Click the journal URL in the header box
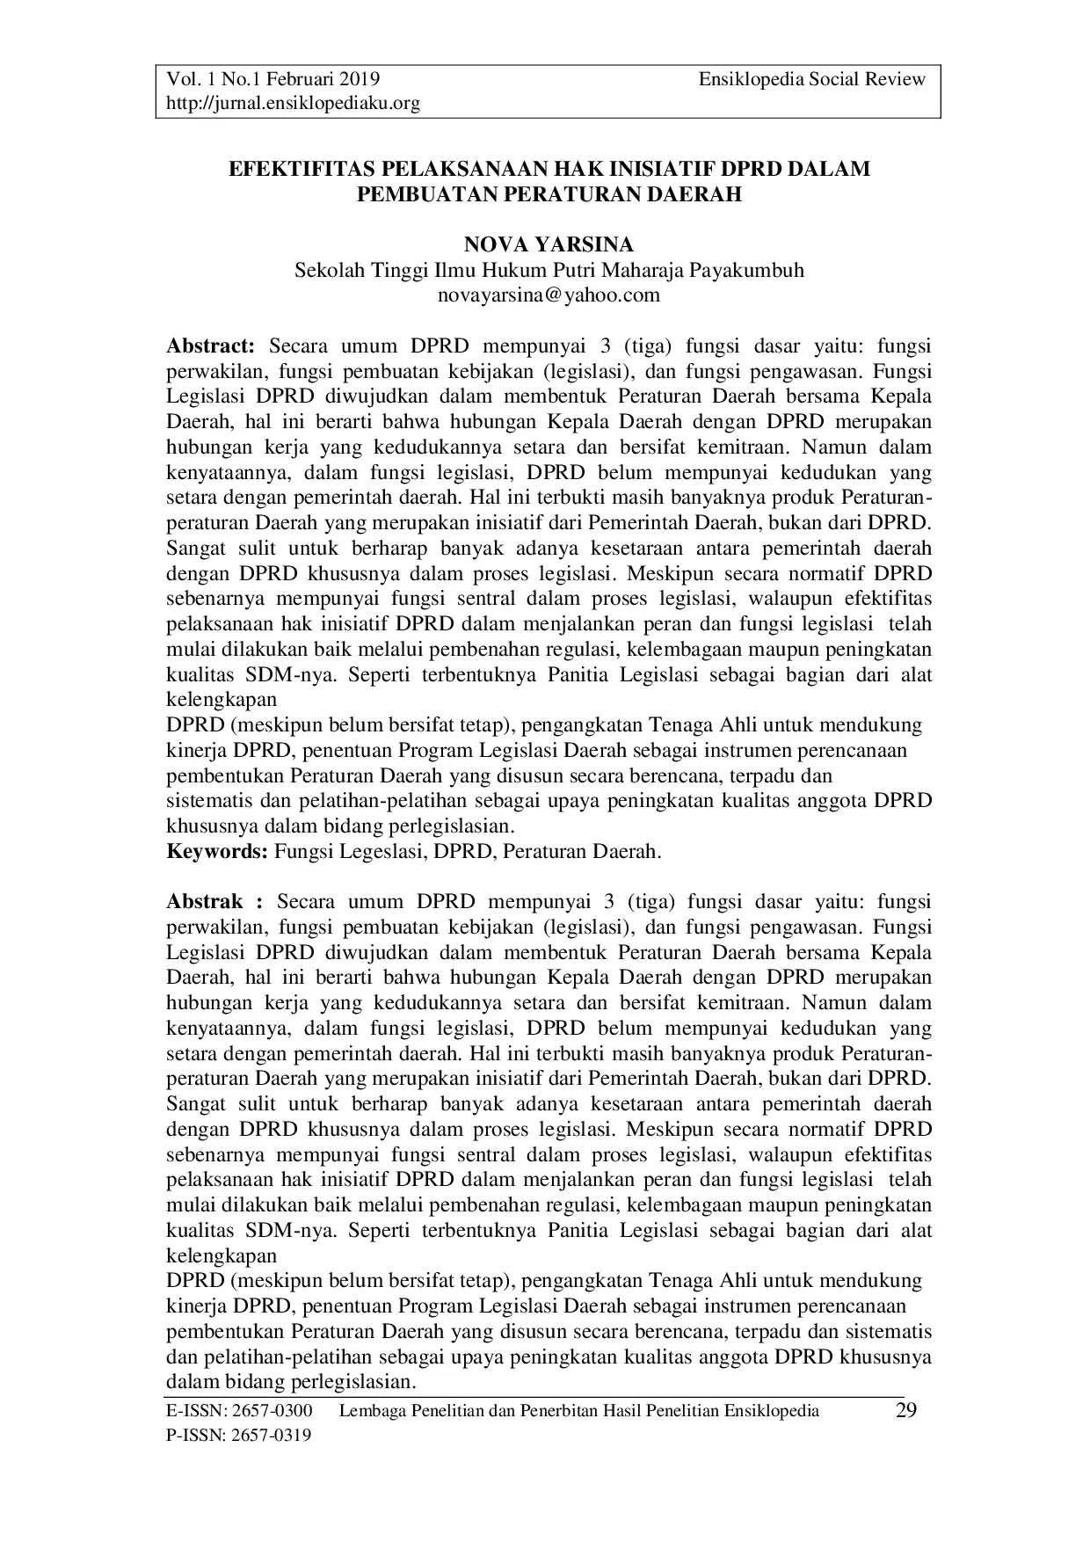click(294, 104)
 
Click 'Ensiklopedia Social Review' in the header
click(812, 79)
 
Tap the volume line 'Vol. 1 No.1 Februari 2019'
click(273, 79)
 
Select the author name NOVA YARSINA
click(549, 245)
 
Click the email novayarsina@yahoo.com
click(549, 295)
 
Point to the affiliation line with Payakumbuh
click(549, 270)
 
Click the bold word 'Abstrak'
click(205, 901)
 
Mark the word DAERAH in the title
click(697, 194)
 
